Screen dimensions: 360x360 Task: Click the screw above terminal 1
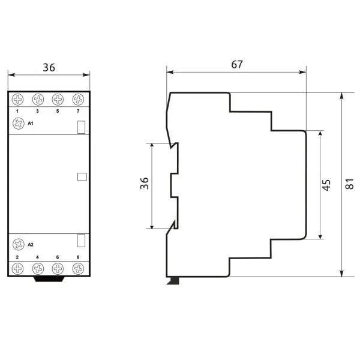click(17, 100)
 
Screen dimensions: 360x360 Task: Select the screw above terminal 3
click(38, 100)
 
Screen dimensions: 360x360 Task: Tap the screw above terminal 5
click(58, 100)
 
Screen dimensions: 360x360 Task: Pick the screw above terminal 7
click(78, 100)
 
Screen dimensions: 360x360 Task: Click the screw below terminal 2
click(17, 269)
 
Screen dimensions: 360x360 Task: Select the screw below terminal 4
click(38, 269)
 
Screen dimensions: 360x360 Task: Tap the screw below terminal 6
click(58, 269)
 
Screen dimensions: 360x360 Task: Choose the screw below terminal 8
click(78, 269)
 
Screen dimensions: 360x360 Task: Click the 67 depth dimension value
click(237, 65)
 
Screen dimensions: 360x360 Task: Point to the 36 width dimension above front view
click(49, 67)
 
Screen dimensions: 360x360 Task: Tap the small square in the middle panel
click(82, 177)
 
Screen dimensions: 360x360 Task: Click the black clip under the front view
click(49, 280)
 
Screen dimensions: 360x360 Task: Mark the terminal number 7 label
click(78, 112)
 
